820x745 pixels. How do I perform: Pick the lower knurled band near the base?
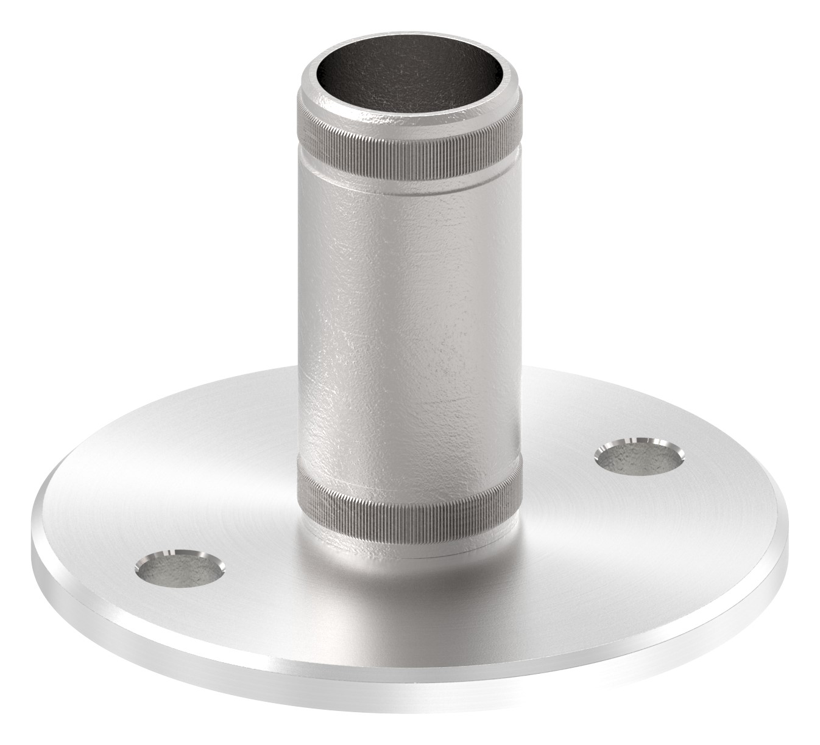coord(409,505)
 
